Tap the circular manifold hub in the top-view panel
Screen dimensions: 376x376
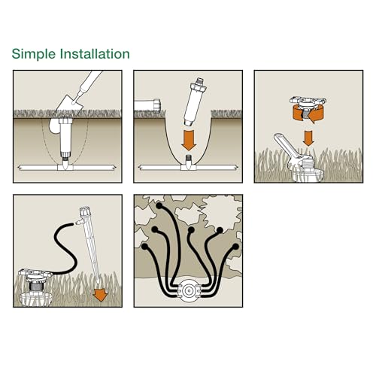(x=189, y=289)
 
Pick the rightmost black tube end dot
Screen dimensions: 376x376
(x=235, y=246)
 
